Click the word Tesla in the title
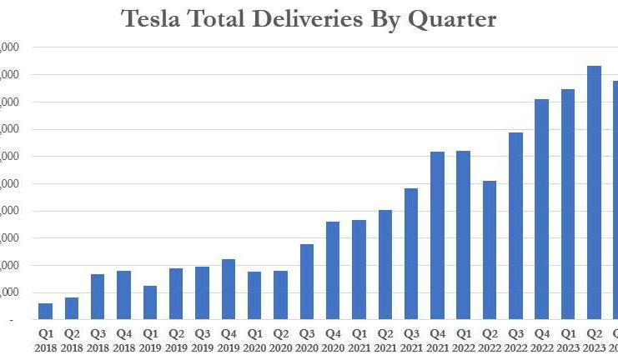[151, 19]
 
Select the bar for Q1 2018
[46, 311]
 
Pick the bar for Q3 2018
[98, 297]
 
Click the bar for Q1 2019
[150, 302]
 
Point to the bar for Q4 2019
[229, 289]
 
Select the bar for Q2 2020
[280, 295]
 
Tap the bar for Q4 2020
[333, 271]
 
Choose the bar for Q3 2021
[411, 254]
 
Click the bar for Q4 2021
[437, 236]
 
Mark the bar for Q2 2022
[490, 250]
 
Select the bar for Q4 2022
[541, 209]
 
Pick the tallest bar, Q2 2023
[594, 192]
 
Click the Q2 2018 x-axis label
[72, 339]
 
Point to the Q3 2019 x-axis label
[202, 339]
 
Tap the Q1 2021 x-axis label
[359, 339]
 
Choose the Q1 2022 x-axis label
[463, 339]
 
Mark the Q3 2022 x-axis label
[515, 339]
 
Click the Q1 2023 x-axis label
[567, 339]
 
